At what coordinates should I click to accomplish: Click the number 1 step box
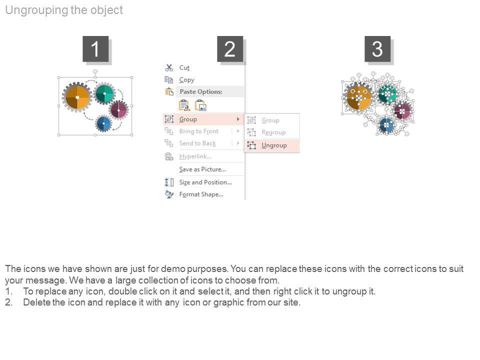pos(95,49)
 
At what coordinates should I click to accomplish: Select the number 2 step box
pos(230,49)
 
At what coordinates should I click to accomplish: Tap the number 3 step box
pos(377,49)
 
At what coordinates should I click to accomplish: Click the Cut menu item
pos(184,67)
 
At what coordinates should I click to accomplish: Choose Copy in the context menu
pos(186,80)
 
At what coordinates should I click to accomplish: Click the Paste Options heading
pos(201,91)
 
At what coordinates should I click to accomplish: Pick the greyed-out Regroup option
pos(273,132)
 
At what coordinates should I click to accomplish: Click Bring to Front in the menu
pos(198,131)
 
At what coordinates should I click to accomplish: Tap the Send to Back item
pos(197,143)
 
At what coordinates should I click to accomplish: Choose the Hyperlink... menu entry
pos(195,156)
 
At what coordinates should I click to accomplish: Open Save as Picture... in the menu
pos(202,169)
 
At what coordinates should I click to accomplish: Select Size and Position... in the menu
pos(205,182)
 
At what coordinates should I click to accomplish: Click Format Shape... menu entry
pos(201,194)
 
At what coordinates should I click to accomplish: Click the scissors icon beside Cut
pos(169,67)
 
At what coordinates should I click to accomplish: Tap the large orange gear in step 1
pos(77,97)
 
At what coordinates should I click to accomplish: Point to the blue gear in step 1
pos(104,124)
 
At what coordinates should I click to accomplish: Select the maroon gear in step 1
pos(118,110)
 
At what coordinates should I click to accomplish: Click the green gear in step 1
pos(104,93)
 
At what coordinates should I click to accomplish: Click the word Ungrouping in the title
pos(36,10)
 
